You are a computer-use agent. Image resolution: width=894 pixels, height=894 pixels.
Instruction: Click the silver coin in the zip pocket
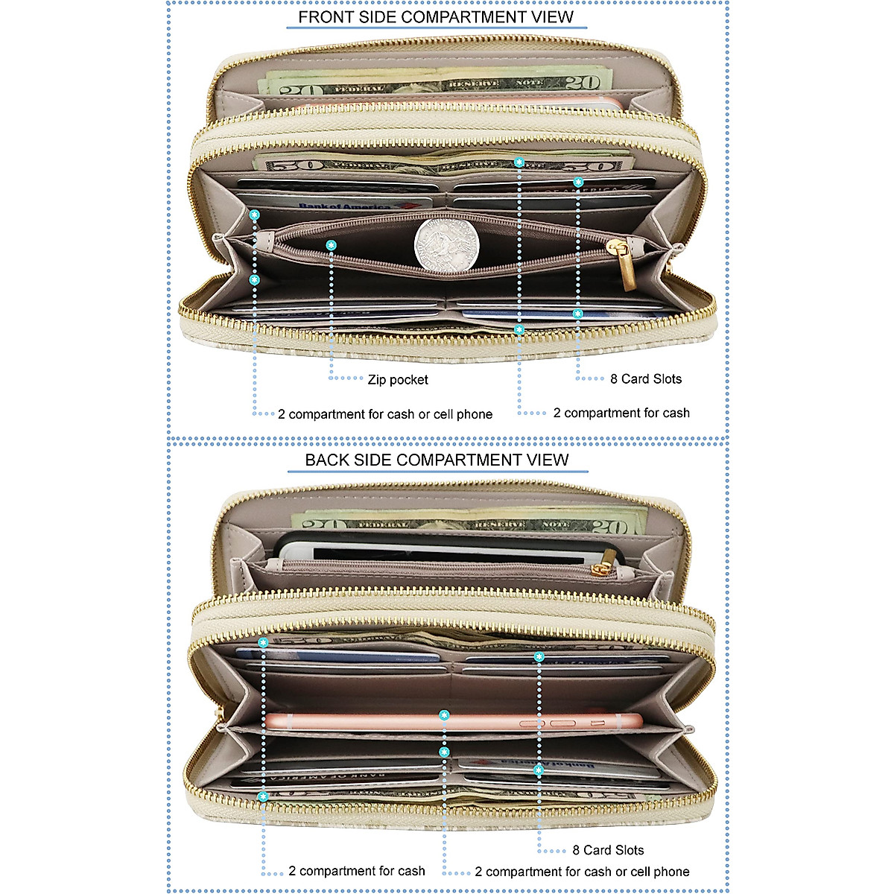(446, 245)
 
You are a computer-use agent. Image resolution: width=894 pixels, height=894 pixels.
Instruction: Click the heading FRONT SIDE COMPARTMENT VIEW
(437, 17)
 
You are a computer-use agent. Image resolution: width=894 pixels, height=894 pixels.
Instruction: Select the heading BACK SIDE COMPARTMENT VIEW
(437, 460)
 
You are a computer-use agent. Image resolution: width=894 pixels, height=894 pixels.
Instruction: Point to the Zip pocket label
(398, 380)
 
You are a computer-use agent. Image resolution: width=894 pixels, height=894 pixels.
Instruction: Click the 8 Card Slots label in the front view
(645, 378)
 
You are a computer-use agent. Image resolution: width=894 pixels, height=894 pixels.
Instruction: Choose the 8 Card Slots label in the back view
(608, 850)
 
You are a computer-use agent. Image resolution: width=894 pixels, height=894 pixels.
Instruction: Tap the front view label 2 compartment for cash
(621, 413)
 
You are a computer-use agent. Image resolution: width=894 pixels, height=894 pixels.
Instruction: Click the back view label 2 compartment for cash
(357, 870)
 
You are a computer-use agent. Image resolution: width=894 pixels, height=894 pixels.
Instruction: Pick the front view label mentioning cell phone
(385, 414)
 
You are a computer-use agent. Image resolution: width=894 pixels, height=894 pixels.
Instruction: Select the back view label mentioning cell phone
(582, 871)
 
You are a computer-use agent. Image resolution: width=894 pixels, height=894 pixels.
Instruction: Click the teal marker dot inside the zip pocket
(332, 244)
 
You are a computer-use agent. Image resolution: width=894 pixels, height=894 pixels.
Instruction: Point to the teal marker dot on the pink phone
(444, 715)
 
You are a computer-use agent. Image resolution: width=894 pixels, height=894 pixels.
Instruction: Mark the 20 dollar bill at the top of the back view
(469, 522)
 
